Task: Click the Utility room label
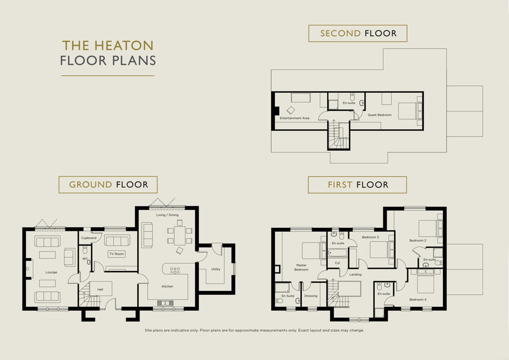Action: (216, 269)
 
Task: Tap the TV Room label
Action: (116, 254)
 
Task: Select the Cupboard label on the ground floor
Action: (88, 238)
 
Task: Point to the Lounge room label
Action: (51, 272)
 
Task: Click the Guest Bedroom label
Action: (379, 115)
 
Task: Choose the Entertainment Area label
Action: (294, 118)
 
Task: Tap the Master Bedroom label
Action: (301, 268)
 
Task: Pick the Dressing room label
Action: (311, 296)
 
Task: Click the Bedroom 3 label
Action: (370, 237)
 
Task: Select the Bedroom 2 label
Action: (418, 241)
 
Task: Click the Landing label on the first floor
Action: (355, 274)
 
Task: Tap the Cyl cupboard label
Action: (338, 263)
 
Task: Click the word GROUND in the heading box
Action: (90, 184)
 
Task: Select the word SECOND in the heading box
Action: (340, 33)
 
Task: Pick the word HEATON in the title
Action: (124, 46)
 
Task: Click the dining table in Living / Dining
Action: (179, 236)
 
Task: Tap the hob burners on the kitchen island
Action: (175, 270)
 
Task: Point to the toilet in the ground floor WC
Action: (85, 250)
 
